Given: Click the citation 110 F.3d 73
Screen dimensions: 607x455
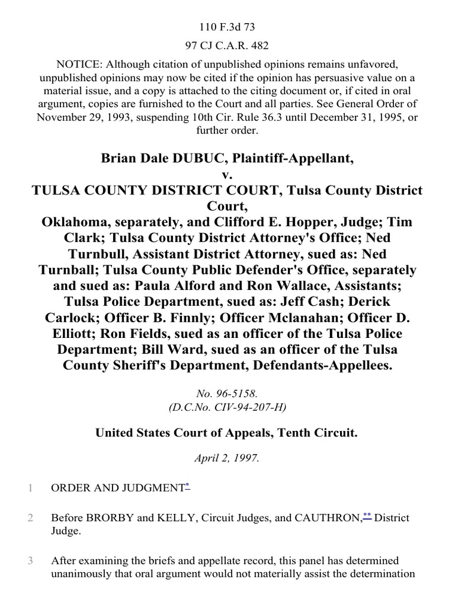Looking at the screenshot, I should (x=227, y=27).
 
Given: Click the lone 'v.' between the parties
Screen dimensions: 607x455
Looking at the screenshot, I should (x=227, y=175).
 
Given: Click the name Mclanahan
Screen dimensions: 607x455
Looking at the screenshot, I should (x=300, y=318).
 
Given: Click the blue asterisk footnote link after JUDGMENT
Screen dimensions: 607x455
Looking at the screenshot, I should (x=187, y=486).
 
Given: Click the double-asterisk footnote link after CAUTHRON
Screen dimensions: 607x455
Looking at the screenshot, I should (x=367, y=516).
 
